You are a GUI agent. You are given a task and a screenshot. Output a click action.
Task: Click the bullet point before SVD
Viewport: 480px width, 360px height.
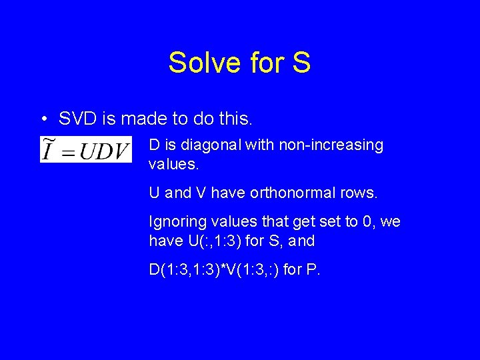43,119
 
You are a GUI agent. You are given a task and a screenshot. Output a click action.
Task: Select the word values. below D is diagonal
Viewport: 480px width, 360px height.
170,163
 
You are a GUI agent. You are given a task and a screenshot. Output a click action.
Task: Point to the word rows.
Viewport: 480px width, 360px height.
357,193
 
